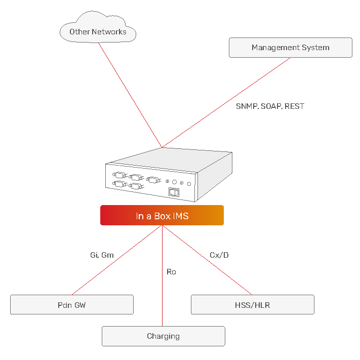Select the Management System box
[291, 48]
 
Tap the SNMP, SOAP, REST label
[270, 106]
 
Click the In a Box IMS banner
[162, 215]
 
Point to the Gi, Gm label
[102, 255]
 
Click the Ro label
[171, 272]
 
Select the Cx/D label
[219, 255]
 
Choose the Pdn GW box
[72, 305]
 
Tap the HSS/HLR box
[253, 305]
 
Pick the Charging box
[164, 336]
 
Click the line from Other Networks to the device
[130, 95]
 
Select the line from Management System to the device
[226, 102]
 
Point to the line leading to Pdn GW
[117, 260]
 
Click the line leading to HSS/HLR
[207, 260]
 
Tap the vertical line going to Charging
[163, 276]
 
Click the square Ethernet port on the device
[174, 192]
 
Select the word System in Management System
[315, 48]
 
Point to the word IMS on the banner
[180, 216]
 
